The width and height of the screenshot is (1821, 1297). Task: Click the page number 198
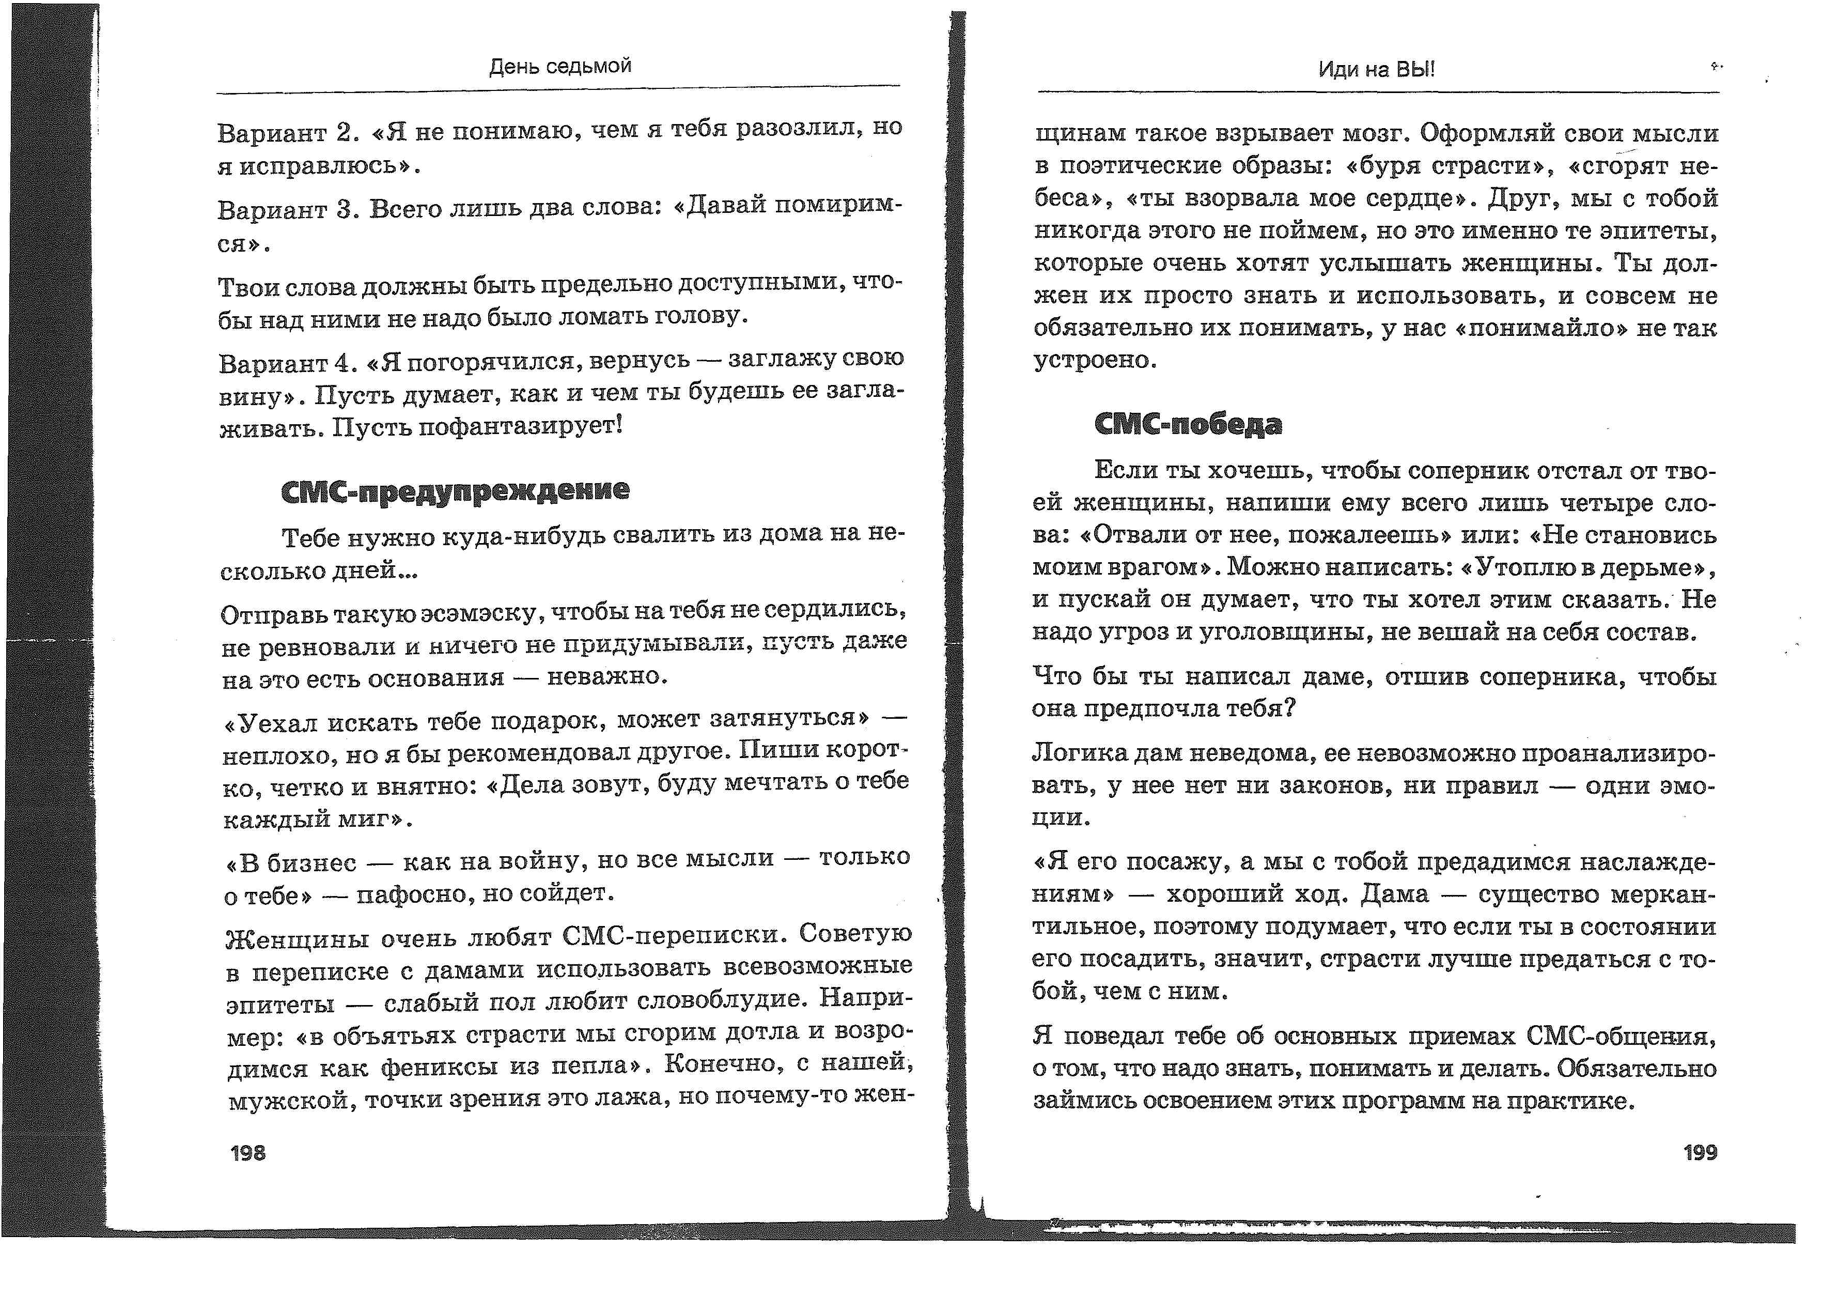coord(247,1152)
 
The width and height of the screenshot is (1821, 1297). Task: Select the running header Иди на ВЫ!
coord(1376,69)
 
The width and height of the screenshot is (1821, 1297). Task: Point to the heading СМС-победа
coord(1188,424)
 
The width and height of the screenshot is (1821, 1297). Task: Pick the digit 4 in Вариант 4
coord(344,363)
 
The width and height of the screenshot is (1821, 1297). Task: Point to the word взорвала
coord(1247,198)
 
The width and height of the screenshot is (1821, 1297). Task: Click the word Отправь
coord(271,615)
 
